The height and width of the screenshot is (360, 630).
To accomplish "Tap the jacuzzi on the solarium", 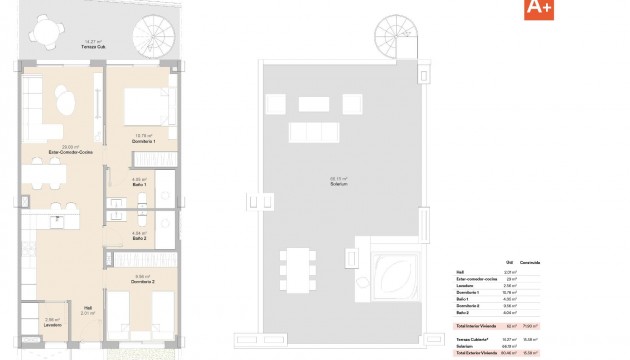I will point(392,273).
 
